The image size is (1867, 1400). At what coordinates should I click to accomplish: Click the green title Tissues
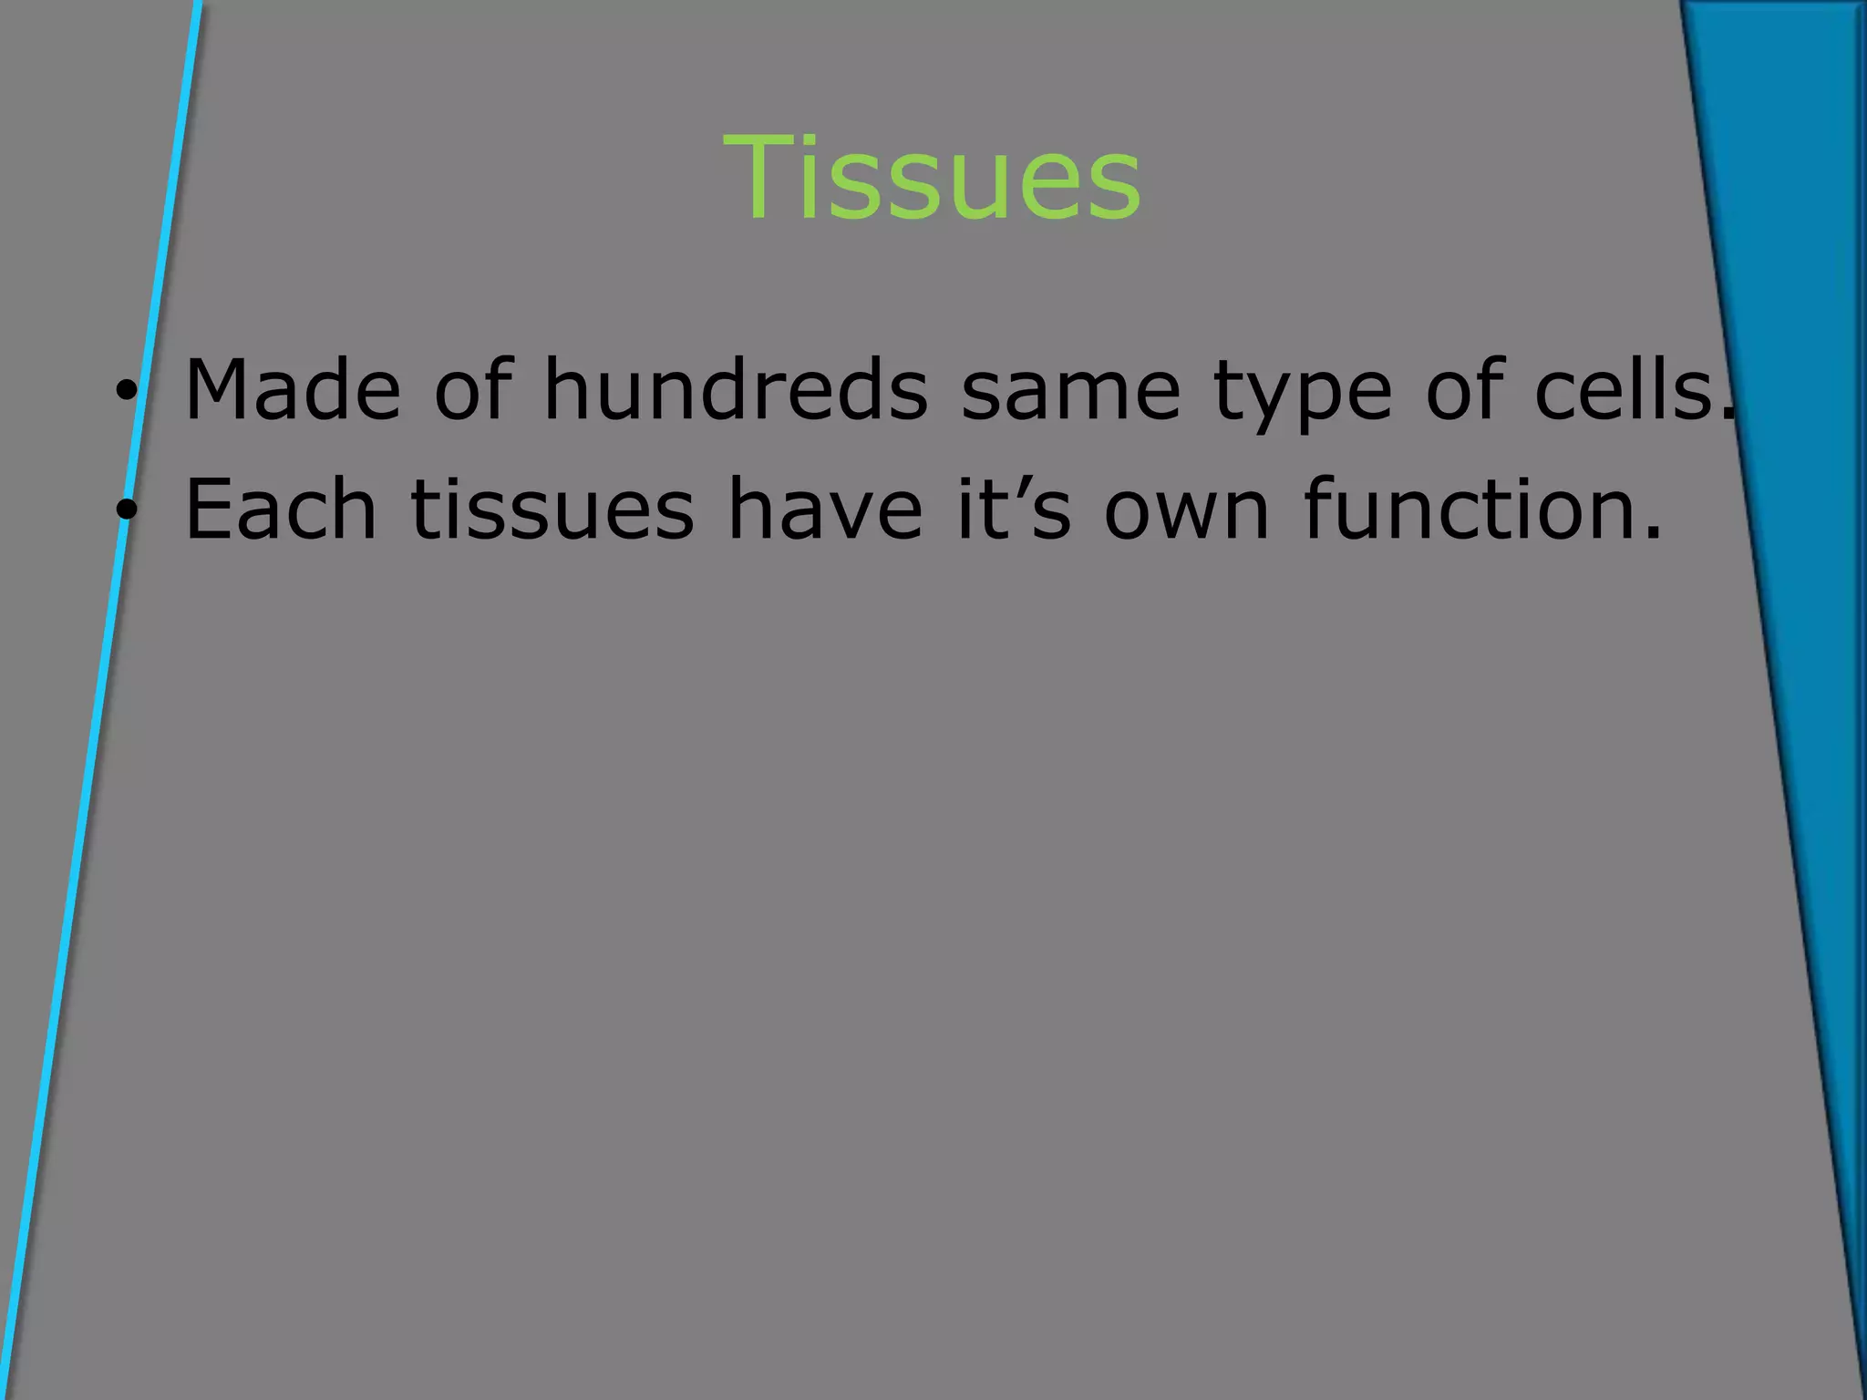pyautogui.click(x=932, y=178)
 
